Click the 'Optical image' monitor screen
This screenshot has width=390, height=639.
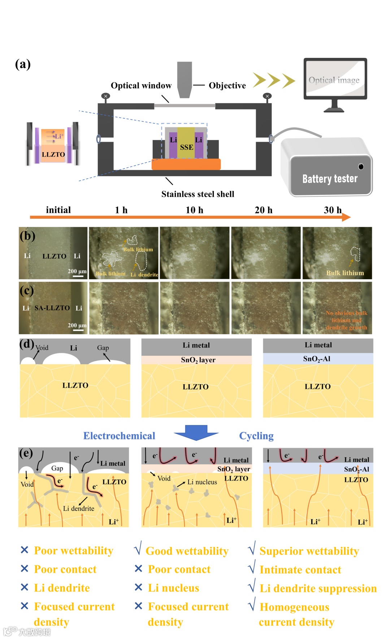pos(334,80)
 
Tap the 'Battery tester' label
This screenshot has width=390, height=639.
pos(330,179)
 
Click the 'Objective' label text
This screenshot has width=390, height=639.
pos(227,86)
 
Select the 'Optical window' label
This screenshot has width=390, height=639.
pos(141,86)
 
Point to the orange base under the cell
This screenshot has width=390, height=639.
pos(186,165)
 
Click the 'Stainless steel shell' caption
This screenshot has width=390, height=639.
pos(198,194)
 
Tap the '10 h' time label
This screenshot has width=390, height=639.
pos(194,210)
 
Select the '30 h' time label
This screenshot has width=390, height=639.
pos(332,210)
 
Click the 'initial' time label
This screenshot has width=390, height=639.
pos(58,210)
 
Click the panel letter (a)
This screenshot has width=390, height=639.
pos(23,64)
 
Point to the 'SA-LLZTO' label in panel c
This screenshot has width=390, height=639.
pos(52,308)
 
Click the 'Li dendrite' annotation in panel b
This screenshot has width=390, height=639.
pos(144,274)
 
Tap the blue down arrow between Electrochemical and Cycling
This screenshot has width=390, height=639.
pos(196,432)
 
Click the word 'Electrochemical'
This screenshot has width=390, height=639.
pos(119,436)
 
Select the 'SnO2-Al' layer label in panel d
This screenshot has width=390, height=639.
pos(317,359)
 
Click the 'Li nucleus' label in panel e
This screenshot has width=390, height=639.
pos(202,482)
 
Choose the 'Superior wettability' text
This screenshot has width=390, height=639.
pos(309,551)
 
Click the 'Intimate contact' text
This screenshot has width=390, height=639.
pos(300,570)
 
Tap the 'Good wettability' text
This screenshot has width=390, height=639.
pos(187,551)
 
